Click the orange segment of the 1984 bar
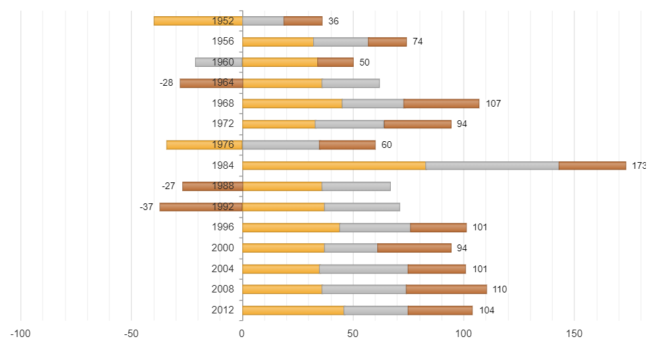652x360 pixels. pos(333,165)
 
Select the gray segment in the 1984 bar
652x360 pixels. pos(492,165)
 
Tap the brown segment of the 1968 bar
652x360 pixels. pos(441,103)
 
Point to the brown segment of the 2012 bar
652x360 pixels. pos(440,310)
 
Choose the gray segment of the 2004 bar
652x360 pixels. pos(364,269)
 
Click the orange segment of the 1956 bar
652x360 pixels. pos(277,42)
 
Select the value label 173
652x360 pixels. pos(639,165)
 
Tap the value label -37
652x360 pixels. pos(146,207)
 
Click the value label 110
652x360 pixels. pos(499,290)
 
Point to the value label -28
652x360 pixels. pos(166,83)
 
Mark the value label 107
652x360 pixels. pos(493,104)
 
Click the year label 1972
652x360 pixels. pos(223,124)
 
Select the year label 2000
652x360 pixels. pos(223,248)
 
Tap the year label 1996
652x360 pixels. pos(223,228)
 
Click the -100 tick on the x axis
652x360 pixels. pos(21,334)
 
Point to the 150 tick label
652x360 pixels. pos(574,334)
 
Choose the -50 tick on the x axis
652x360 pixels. pos(132,334)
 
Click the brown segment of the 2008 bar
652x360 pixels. pos(446,289)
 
